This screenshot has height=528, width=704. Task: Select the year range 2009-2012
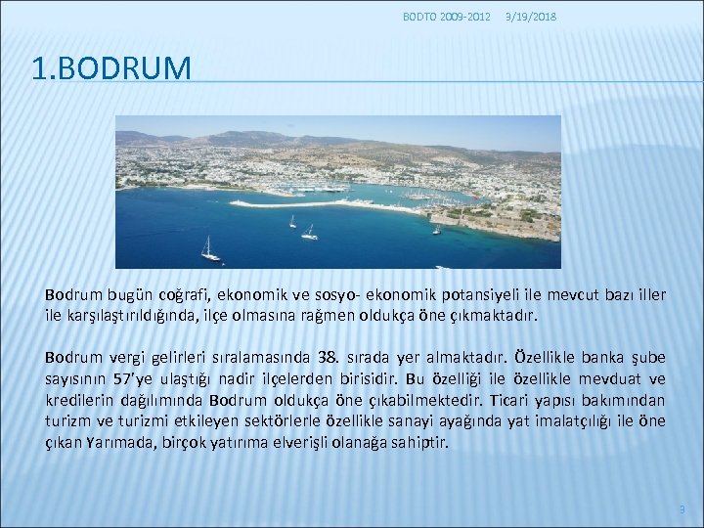[466, 17]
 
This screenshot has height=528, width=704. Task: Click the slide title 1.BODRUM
[111, 68]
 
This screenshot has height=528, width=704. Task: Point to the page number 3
[682, 509]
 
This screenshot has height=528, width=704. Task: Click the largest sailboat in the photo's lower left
[209, 250]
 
